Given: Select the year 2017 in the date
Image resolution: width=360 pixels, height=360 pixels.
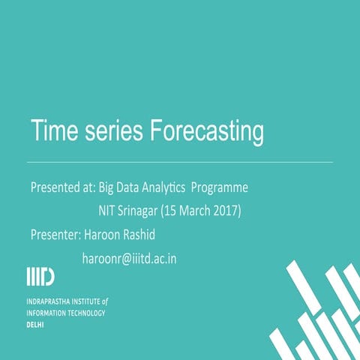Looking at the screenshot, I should click(223, 210).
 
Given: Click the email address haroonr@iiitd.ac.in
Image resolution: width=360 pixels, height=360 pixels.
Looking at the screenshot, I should click(129, 258).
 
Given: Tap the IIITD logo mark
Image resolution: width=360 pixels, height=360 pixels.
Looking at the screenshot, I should click(40, 276).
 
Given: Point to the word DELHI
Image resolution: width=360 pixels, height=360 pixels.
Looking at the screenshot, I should click(35, 324).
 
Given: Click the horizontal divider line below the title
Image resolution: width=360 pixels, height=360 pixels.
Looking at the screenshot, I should click(180, 161).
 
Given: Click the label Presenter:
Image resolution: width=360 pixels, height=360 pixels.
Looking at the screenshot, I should click(55, 234).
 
